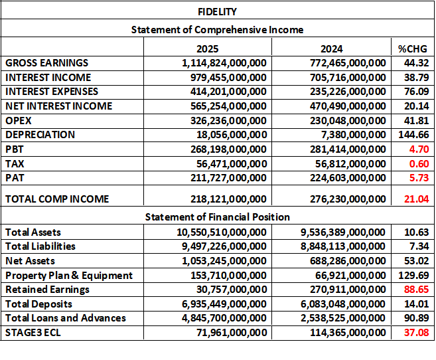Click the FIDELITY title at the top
(217, 12)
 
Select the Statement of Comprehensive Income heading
(217, 30)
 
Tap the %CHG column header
(411, 48)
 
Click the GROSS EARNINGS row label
(46, 63)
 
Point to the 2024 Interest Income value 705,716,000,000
(348, 77)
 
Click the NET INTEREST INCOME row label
(59, 106)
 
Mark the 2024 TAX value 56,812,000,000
(351, 163)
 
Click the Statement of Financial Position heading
(217, 217)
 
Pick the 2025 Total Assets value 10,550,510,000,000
(220, 232)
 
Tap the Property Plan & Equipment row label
(69, 275)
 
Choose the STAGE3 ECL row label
(33, 332)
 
